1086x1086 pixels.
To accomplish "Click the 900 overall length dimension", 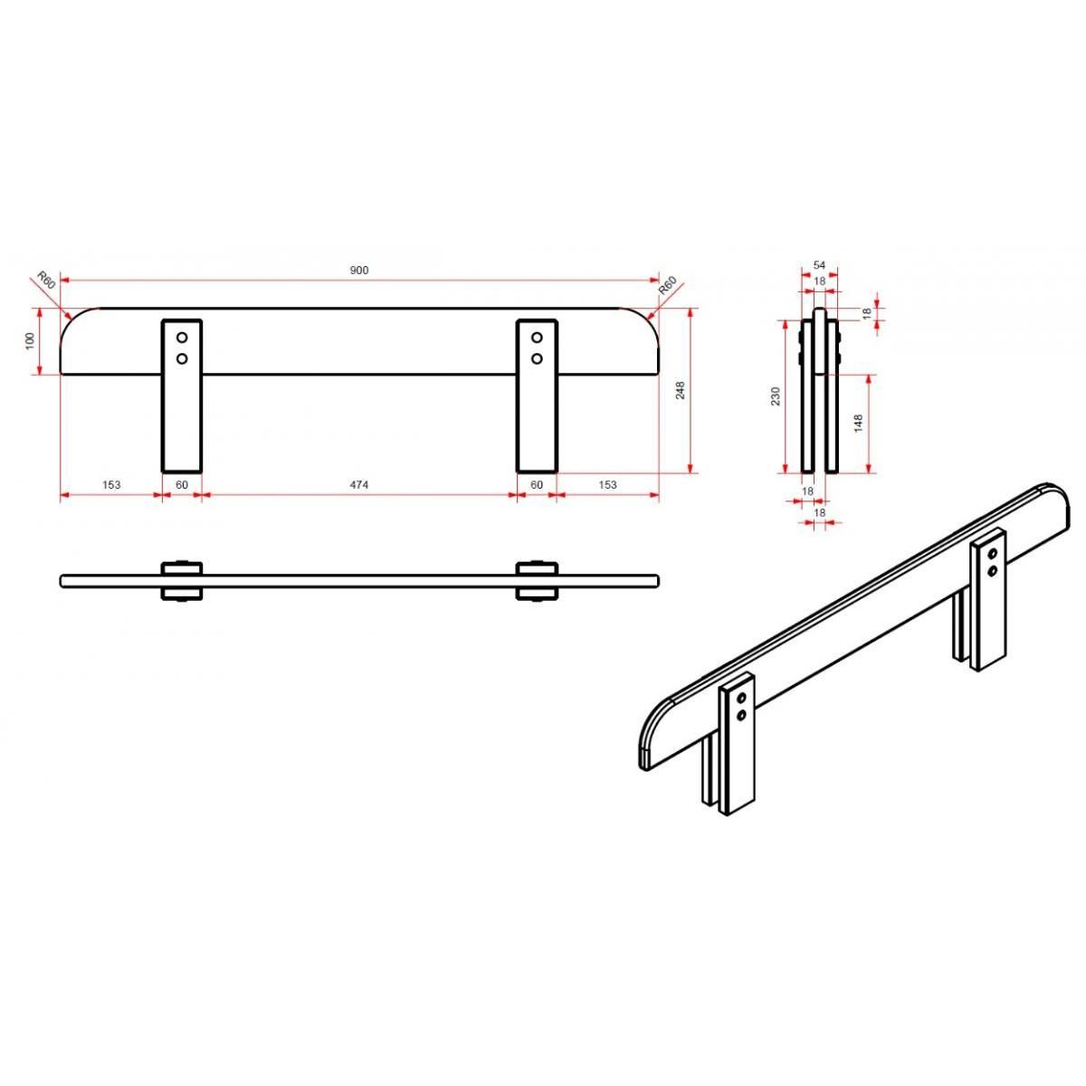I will [359, 271].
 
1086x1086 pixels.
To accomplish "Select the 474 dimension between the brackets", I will [359, 485].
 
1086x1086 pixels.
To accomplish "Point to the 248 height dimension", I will [681, 390].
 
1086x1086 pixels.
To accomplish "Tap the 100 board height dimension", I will [30, 341].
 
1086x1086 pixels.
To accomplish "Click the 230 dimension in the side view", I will [776, 395].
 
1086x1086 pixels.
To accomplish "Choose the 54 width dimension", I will [819, 265].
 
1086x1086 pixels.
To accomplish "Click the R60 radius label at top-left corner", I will [46, 279].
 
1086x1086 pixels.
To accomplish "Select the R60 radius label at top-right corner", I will [668, 286].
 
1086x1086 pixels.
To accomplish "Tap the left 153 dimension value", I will [110, 485].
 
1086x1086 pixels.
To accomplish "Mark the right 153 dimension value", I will [607, 485].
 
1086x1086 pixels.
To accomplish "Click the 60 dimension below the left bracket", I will [182, 485].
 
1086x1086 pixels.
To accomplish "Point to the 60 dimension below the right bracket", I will [537, 485].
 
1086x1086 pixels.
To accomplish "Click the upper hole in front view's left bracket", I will [182, 338].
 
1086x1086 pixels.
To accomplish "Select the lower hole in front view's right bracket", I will [537, 358].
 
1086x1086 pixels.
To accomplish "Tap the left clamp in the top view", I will [182, 580].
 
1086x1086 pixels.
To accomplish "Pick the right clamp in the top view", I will [537, 580].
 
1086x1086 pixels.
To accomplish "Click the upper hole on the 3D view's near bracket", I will [742, 698].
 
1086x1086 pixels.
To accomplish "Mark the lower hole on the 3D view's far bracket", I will [993, 570].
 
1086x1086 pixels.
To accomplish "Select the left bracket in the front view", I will [182, 416].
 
